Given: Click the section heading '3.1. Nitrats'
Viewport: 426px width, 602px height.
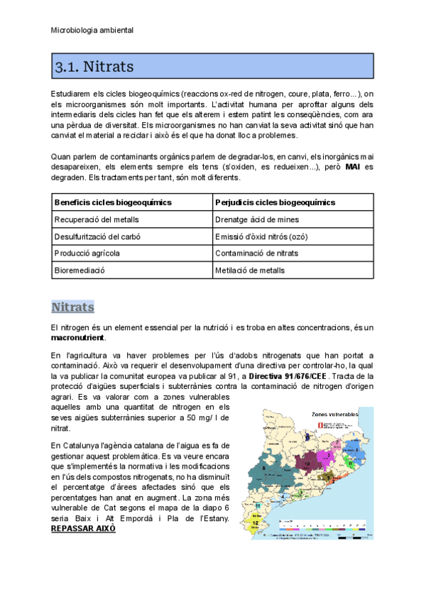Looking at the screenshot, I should pos(94,67).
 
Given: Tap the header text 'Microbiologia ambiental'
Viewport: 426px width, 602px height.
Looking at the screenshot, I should pos(92,31).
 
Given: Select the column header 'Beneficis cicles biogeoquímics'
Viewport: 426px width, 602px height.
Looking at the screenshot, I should pos(113,202).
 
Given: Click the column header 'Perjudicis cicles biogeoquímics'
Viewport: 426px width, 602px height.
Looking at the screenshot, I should pos(275,202).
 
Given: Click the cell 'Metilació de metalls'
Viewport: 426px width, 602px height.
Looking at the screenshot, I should pos(250,270).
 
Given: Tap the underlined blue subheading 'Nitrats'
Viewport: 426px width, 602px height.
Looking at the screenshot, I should pos(72,307).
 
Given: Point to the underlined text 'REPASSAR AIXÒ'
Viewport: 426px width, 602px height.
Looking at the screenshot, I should pos(83,529).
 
